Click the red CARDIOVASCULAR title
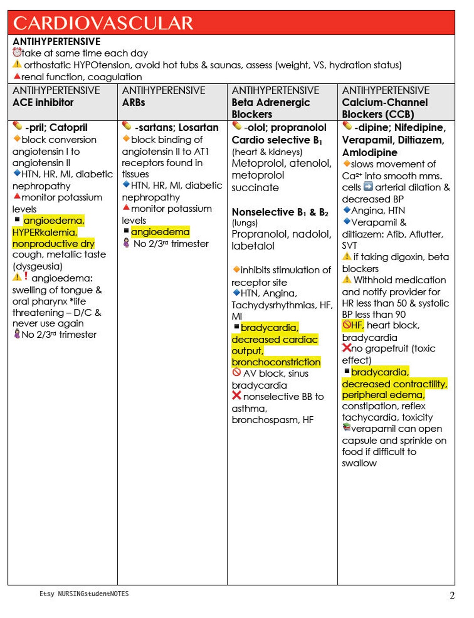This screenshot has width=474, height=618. coord(103,23)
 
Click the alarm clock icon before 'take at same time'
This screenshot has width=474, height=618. coord(17,53)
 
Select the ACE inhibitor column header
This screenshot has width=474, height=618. coord(43,103)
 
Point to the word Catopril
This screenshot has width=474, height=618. coord(68,128)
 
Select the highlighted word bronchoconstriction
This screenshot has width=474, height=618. coord(276,362)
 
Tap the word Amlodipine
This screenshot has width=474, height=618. coord(370,153)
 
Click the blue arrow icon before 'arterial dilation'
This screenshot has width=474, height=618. coord(368,187)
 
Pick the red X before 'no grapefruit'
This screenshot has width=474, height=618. coord(346,348)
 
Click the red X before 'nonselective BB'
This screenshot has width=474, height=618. coord(237,396)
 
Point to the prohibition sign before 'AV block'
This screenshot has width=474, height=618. coord(237,373)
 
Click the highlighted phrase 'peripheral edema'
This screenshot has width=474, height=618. coord(383,395)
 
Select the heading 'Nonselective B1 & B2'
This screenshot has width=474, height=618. coord(280,212)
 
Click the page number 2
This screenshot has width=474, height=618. coord(452,595)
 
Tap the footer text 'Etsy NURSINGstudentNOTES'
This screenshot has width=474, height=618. coord(84,593)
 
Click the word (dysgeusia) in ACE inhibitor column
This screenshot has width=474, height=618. coord(37,266)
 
